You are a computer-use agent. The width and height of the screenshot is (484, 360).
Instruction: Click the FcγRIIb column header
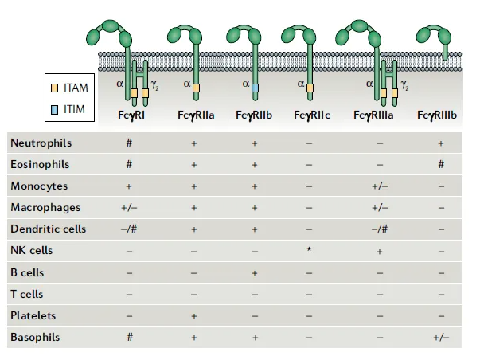tap(254, 115)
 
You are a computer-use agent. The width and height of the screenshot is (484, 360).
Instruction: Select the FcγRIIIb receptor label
tap(437, 115)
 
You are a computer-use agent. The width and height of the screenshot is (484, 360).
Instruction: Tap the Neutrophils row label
tap(41, 143)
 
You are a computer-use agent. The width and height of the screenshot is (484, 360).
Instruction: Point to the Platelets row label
tap(33, 315)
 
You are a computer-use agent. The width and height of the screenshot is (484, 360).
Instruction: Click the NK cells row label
tap(32, 250)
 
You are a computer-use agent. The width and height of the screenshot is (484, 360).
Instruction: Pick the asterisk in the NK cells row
tap(309, 250)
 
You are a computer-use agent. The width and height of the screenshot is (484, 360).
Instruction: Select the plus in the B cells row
tap(255, 273)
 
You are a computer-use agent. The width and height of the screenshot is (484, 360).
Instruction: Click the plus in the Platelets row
tap(194, 316)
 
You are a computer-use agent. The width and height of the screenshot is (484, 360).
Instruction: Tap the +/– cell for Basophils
tap(441, 338)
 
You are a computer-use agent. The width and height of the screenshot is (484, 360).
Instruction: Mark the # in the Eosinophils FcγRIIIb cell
tap(441, 164)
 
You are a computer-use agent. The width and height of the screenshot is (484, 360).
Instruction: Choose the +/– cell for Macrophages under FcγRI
tap(129, 208)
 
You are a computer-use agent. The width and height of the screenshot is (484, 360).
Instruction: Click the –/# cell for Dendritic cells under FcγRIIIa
tap(380, 229)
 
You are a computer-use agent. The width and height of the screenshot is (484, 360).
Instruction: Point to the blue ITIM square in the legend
tap(54, 110)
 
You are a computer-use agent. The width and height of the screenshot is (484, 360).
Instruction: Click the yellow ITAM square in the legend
tap(54, 88)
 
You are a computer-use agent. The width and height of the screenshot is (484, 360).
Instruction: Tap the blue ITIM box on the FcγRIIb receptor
tap(255, 88)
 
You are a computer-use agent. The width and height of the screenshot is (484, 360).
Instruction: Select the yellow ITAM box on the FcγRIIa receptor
tap(196, 88)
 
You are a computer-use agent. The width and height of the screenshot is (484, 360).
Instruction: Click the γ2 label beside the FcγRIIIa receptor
tap(405, 85)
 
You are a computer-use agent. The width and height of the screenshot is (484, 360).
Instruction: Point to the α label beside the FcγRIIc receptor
tap(301, 84)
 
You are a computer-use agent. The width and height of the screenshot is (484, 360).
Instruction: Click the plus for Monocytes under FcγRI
tap(129, 186)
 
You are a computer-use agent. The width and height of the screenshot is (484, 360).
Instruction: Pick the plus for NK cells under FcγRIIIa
tap(380, 252)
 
